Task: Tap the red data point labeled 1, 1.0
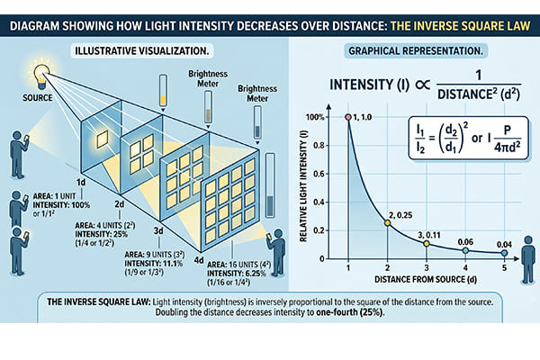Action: pyautogui.click(x=347, y=118)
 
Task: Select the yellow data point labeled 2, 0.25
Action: pyautogui.click(x=387, y=222)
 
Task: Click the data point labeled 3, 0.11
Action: pyautogui.click(x=426, y=242)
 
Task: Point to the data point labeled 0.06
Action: pyautogui.click(x=464, y=250)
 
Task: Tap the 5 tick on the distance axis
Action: pyautogui.click(x=503, y=267)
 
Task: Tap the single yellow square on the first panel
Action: pyautogui.click(x=103, y=139)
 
